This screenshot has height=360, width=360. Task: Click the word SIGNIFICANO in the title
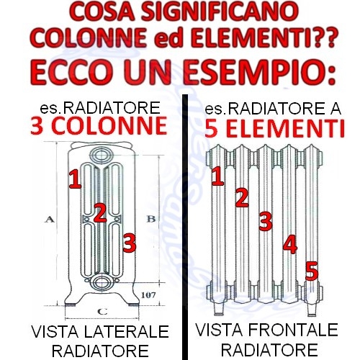tap(220, 12)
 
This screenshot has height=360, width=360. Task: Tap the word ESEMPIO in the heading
tap(260, 71)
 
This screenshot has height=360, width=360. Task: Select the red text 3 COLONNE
tap(99, 126)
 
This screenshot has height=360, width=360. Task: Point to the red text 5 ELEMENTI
tap(275, 129)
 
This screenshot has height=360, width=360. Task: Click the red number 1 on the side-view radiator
tap(75, 179)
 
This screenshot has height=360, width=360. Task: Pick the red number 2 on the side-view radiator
tap(100, 212)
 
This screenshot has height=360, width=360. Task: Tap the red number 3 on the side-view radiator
tap(130, 243)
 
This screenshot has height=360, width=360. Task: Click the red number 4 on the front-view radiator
tap(290, 245)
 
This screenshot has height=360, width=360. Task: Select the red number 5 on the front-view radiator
tap(312, 271)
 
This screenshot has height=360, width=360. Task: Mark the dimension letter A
tap(50, 219)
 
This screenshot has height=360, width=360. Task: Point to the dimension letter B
tap(151, 219)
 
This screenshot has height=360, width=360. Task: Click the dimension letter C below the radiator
tap(102, 312)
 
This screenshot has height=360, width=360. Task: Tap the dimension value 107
tap(148, 295)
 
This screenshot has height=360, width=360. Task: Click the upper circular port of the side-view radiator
tap(102, 155)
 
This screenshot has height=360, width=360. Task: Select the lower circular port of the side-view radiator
tap(102, 282)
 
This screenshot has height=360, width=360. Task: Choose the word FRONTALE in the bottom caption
tap(293, 330)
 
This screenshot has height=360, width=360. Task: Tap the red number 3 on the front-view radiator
tap(266, 221)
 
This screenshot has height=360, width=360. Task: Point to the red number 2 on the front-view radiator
tap(242, 198)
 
